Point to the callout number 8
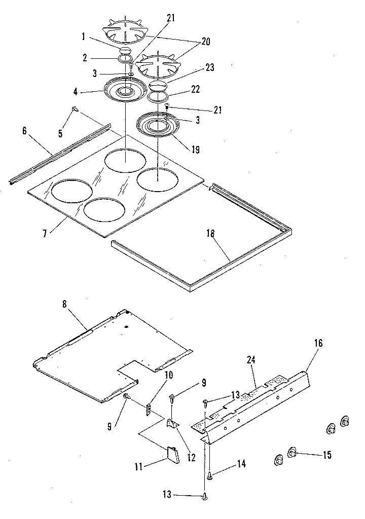click(64, 305)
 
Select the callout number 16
click(318, 343)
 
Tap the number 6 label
click(24, 131)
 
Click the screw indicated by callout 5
click(75, 108)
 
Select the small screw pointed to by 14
click(209, 474)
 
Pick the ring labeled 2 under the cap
click(123, 59)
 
